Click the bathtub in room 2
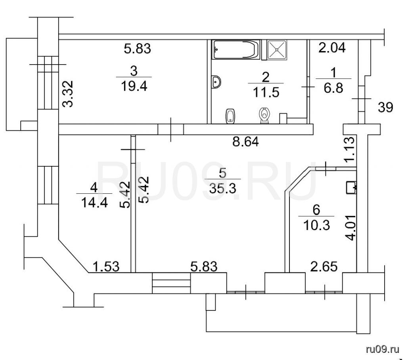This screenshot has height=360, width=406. click(x=236, y=50)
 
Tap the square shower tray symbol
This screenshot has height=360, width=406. click(x=277, y=50)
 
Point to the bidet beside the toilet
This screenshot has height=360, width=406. click(x=230, y=116)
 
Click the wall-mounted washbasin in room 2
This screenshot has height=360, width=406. click(x=216, y=82)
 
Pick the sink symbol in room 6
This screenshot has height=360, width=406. click(x=351, y=187)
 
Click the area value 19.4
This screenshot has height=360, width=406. click(x=134, y=86)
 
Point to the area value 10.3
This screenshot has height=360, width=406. click(x=316, y=225)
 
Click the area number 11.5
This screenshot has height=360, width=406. click(x=266, y=92)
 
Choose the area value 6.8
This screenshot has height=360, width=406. click(x=333, y=88)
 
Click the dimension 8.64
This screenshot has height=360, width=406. click(x=245, y=142)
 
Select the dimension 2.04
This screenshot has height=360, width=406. click(x=332, y=48)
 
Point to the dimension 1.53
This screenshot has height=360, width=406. click(x=106, y=267)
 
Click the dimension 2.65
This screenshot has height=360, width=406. click(x=324, y=267)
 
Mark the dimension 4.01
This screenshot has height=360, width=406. click(x=351, y=228)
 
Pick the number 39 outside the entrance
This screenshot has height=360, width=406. click(x=385, y=107)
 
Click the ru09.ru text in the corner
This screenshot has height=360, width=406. click(x=383, y=350)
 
